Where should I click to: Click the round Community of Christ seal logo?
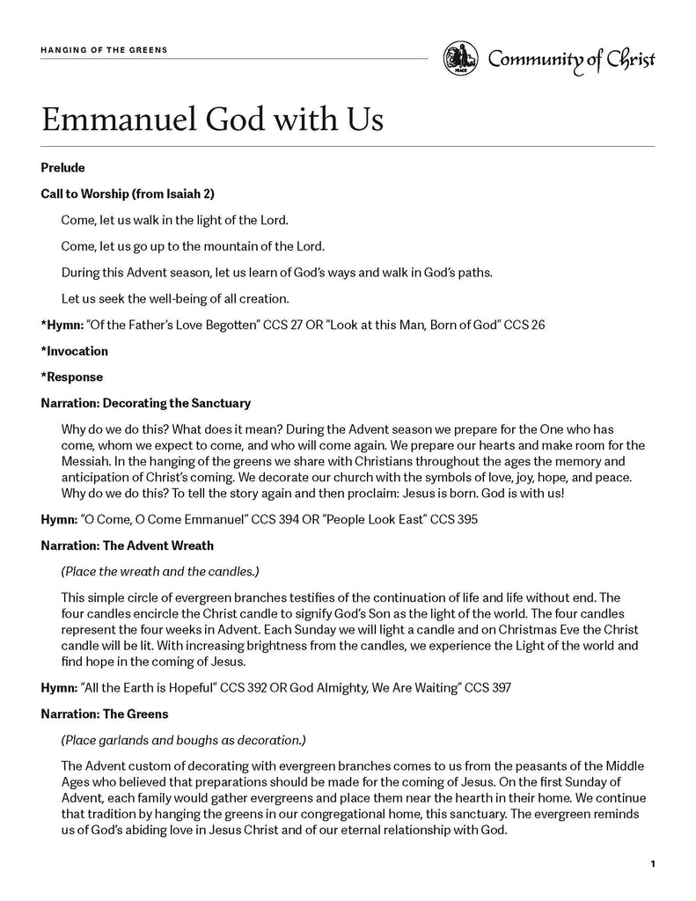click(460, 59)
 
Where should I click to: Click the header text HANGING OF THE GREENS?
click(104, 50)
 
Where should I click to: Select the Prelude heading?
click(62, 167)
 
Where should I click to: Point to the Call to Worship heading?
click(128, 194)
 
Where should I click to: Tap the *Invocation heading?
click(74, 351)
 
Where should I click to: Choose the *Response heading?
click(71, 377)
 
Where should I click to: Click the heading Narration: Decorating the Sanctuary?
click(145, 403)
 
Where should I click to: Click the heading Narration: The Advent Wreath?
click(127, 546)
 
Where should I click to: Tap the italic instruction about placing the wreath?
click(159, 571)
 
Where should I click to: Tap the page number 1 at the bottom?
click(652, 864)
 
